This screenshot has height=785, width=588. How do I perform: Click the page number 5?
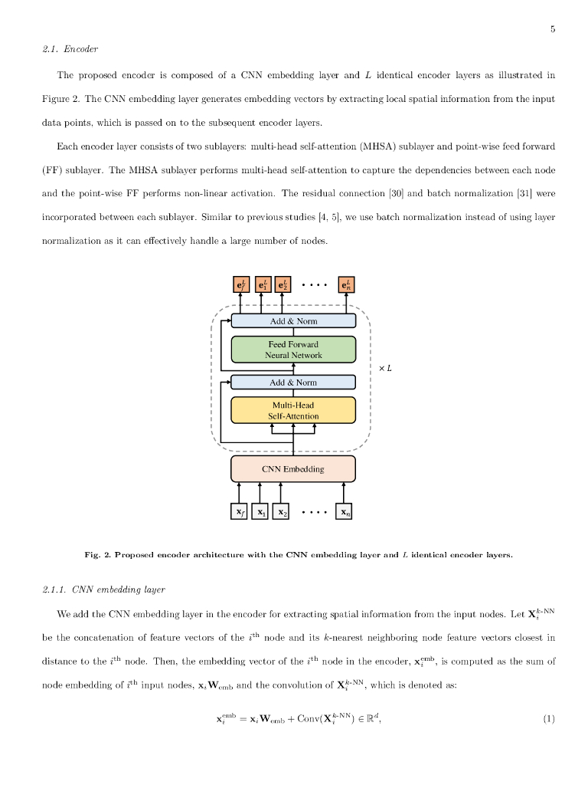(552, 30)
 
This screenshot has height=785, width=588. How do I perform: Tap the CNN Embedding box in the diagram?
(293, 468)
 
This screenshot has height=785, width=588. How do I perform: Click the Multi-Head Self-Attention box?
(293, 410)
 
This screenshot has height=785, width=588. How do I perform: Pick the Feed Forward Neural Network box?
(293, 350)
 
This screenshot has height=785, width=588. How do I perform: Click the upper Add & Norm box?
(293, 320)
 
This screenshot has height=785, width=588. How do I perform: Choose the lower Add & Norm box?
(293, 382)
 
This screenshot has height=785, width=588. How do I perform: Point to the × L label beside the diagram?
(385, 368)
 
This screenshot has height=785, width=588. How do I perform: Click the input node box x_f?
(239, 511)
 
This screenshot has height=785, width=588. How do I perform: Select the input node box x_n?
(345, 511)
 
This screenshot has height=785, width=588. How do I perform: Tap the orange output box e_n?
(346, 285)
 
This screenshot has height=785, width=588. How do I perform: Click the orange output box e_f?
(240, 285)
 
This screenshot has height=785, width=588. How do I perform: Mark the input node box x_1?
(260, 511)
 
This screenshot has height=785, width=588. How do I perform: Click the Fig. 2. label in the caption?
(98, 554)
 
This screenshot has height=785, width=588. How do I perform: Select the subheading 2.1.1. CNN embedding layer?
(103, 590)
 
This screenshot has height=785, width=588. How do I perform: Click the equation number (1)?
(548, 719)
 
